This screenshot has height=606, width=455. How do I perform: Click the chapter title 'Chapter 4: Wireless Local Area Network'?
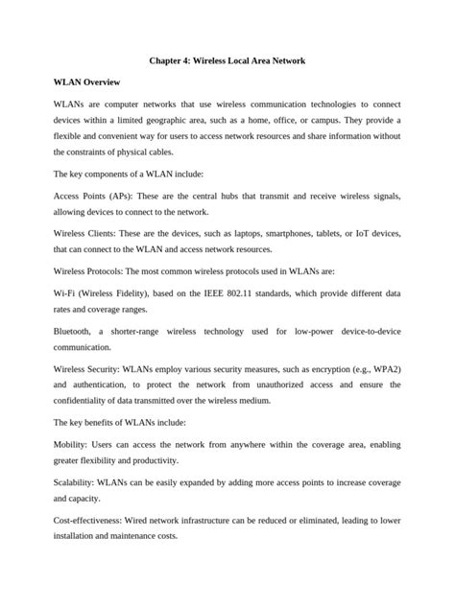click(227, 61)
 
